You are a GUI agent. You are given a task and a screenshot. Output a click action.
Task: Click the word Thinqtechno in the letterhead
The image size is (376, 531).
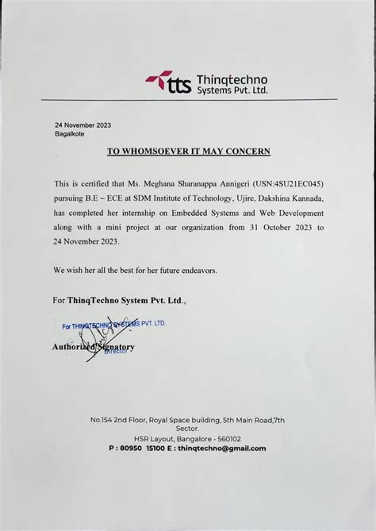(231, 79)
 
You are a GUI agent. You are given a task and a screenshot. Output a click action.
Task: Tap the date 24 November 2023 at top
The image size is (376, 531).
(82, 125)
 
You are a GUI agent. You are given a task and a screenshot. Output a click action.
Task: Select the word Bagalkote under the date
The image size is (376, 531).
(71, 134)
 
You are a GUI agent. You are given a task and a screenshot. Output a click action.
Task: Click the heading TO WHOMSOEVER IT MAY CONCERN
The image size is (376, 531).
(189, 152)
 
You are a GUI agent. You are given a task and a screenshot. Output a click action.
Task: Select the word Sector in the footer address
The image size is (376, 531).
(187, 428)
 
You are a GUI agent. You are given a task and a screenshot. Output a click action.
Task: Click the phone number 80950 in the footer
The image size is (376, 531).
(132, 448)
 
